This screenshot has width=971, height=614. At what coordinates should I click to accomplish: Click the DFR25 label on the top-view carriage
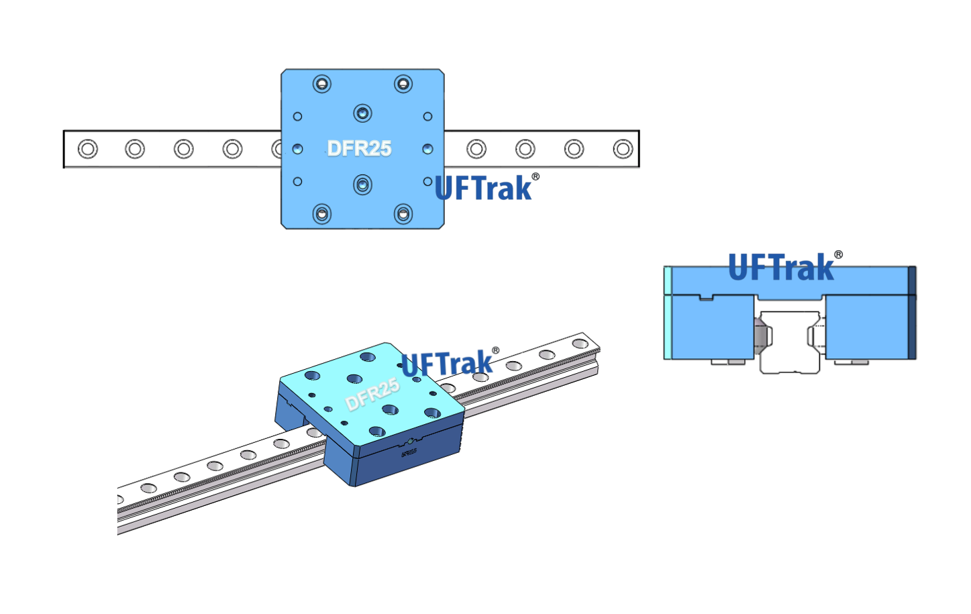pyautogui.click(x=359, y=148)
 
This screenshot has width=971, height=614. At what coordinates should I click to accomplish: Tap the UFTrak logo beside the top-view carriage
pyautogui.click(x=483, y=188)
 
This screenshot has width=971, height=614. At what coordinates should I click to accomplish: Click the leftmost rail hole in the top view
pyautogui.click(x=88, y=148)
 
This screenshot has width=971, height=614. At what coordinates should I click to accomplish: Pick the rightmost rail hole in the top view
pyautogui.click(x=623, y=148)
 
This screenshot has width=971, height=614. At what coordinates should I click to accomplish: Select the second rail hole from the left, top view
pyautogui.click(x=135, y=148)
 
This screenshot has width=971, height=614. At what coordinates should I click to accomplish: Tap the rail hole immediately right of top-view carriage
pyautogui.click(x=476, y=148)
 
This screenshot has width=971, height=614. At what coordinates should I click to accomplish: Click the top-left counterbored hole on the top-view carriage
pyautogui.click(x=322, y=84)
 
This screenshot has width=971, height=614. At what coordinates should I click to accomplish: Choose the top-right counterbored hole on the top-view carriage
pyautogui.click(x=403, y=84)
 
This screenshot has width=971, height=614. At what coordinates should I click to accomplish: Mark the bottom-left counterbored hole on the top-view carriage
pyautogui.click(x=322, y=214)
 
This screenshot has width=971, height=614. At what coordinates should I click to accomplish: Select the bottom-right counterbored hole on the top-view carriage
pyautogui.click(x=403, y=214)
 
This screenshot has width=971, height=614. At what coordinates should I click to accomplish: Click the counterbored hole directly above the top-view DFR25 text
pyautogui.click(x=362, y=113)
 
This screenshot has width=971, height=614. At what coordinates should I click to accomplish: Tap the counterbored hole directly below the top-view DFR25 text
pyautogui.click(x=362, y=185)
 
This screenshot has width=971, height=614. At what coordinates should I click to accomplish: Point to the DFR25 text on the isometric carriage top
pyautogui.click(x=372, y=395)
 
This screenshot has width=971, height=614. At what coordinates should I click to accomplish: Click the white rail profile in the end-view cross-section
pyautogui.click(x=790, y=342)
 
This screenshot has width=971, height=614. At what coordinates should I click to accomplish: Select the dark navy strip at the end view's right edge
pyautogui.click(x=912, y=313)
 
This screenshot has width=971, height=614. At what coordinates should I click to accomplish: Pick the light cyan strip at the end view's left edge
pyautogui.click(x=668, y=313)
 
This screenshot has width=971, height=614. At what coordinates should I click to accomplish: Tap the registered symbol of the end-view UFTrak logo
pyautogui.click(x=839, y=254)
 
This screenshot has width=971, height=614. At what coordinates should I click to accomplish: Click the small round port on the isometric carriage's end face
pyautogui.click(x=410, y=442)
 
